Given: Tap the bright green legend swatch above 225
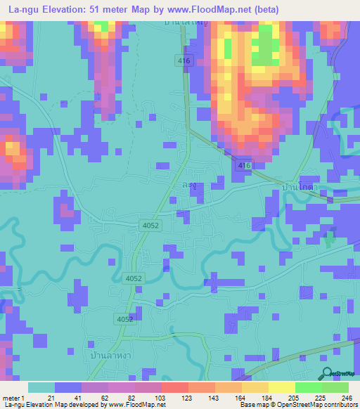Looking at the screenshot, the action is tap(308, 387).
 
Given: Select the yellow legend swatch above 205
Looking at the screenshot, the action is tap(281, 387).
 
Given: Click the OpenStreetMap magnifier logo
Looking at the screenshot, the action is tap(327, 373).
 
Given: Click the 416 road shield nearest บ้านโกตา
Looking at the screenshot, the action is tap(243, 165).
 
